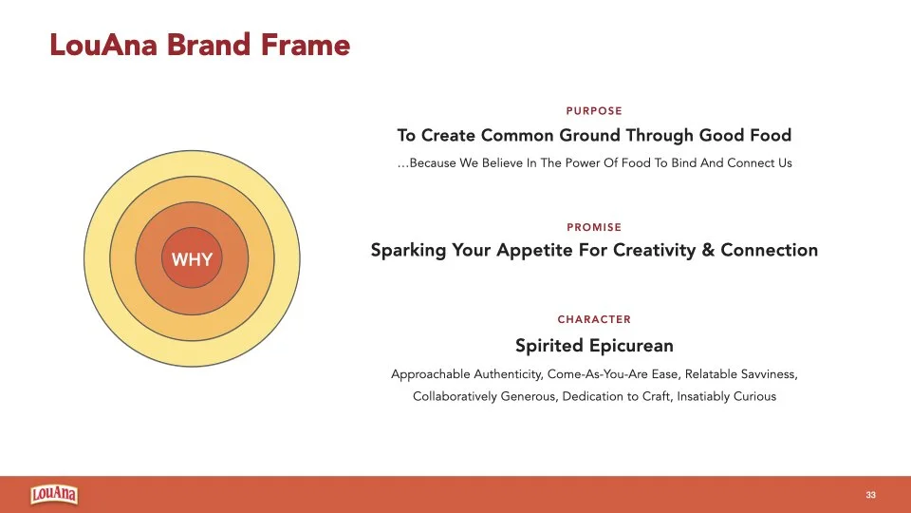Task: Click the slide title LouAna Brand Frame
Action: pos(200,45)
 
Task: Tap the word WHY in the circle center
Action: pos(192,259)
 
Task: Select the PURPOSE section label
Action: pos(594,111)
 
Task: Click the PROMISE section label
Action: pos(594,227)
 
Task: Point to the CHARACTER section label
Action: pos(594,319)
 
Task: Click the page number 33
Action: pos(870,496)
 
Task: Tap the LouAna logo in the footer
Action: pos(54,495)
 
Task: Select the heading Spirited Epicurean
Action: pos(594,346)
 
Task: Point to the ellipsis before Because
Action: pos(402,163)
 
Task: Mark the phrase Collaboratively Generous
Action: pos(483,396)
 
